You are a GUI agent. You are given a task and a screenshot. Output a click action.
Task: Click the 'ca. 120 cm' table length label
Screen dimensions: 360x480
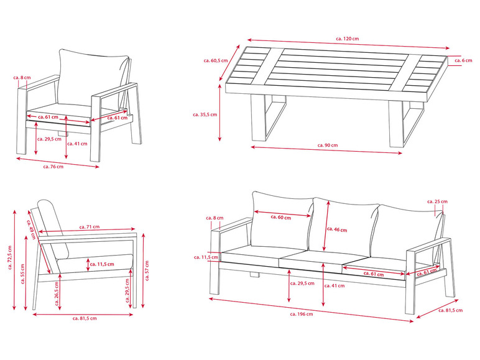tap(348, 39)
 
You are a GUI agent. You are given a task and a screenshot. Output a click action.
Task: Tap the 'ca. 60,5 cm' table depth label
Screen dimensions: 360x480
tap(214, 61)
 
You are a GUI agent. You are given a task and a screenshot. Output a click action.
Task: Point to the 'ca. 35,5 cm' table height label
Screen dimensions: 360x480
tap(205, 114)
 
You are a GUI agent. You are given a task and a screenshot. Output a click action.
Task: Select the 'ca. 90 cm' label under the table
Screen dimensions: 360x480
tap(326, 145)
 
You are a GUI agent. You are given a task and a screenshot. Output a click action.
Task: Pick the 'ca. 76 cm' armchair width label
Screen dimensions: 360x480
tap(53, 167)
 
